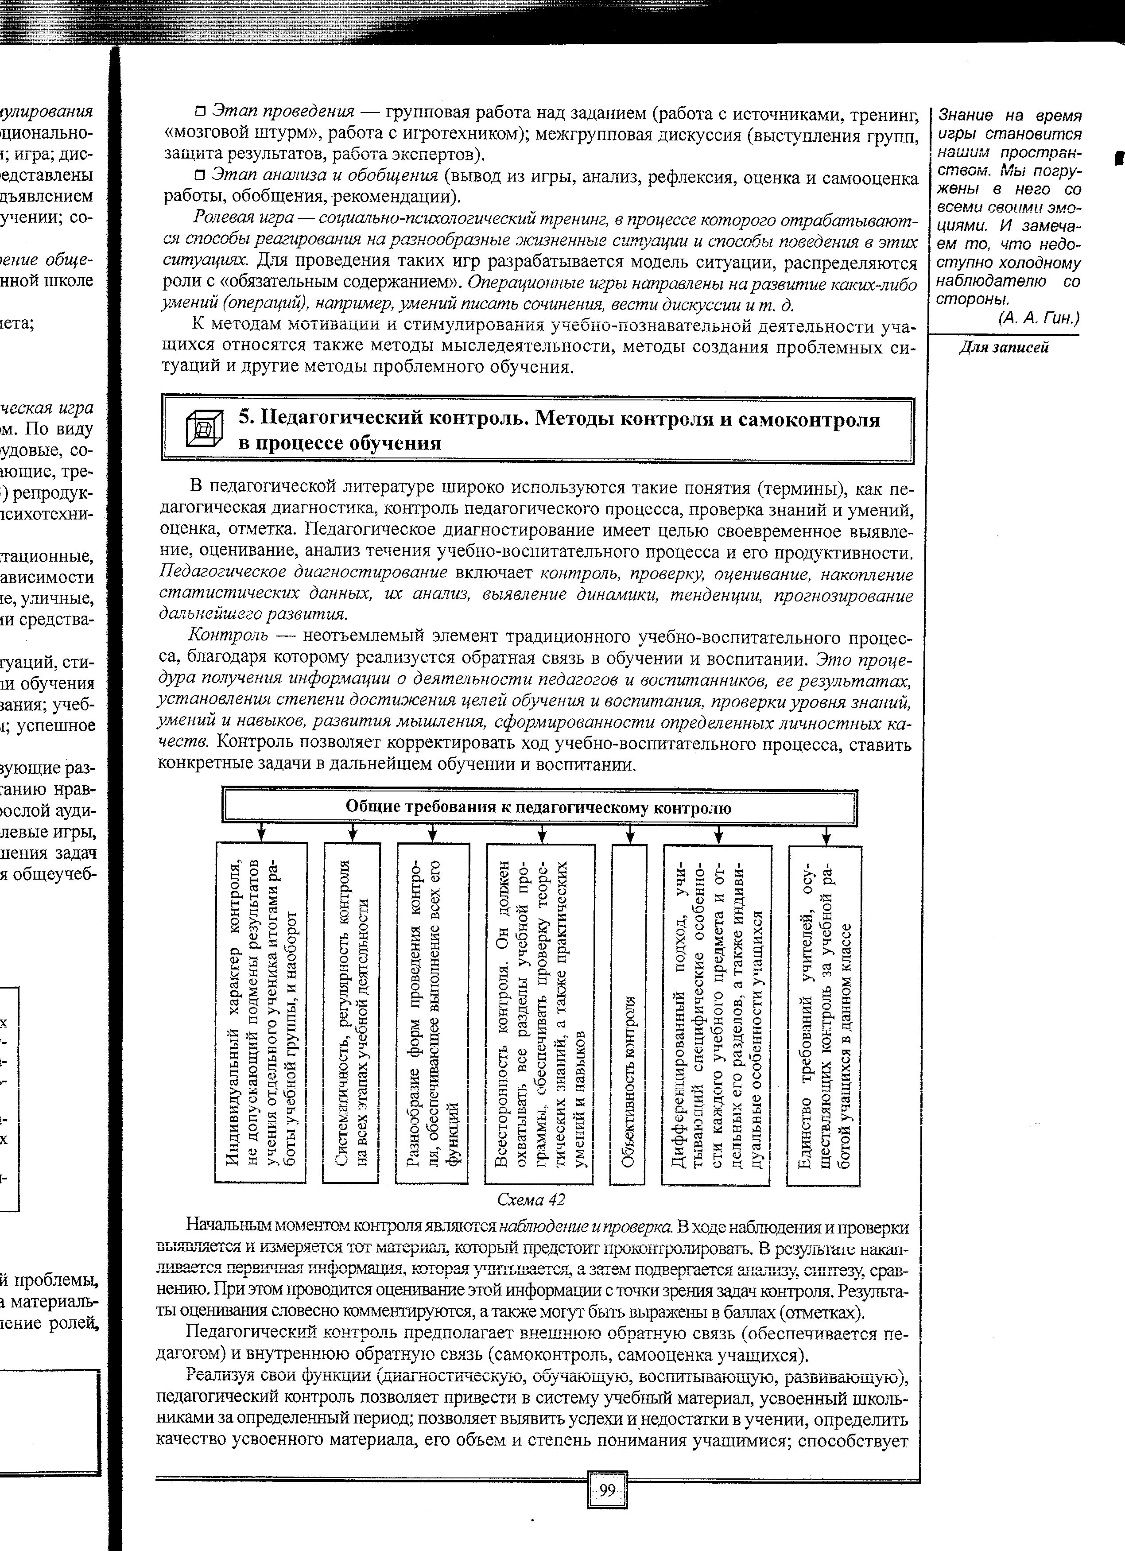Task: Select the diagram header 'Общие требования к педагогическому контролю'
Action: point(539,808)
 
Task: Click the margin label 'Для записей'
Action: point(1003,347)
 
